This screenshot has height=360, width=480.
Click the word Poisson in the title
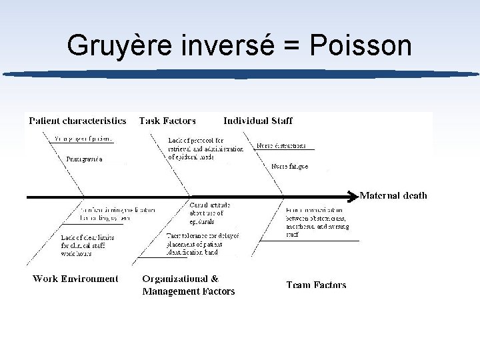(359, 45)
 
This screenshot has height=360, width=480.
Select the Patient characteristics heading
(77, 121)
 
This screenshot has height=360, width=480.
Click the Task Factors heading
(167, 121)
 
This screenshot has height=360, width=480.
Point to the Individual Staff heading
(257, 121)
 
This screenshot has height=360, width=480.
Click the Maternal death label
(393, 195)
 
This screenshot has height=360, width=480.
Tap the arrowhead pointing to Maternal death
(353, 196)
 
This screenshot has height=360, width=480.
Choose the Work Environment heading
(75, 279)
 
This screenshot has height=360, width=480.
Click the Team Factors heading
(316, 285)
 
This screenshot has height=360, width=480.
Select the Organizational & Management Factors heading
(189, 285)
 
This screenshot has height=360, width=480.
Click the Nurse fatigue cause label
(289, 165)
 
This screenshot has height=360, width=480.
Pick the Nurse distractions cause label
(281, 145)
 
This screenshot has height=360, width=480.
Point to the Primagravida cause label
(85, 159)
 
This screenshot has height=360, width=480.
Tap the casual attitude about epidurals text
(209, 213)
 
